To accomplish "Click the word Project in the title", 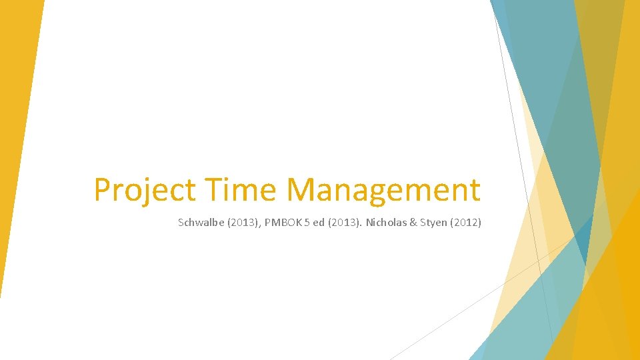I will point(145,190).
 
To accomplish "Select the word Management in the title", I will point(383,190).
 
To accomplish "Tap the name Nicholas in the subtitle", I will point(385,223).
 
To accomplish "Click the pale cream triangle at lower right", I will point(520,280).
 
